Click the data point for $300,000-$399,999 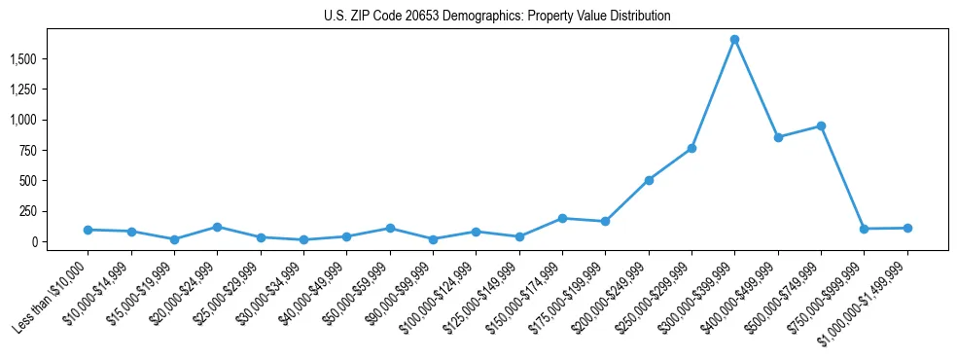coord(734,40)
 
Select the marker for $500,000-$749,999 coord(821,126)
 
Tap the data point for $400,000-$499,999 coord(778,137)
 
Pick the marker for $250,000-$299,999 coord(691,148)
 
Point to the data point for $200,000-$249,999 coord(649,180)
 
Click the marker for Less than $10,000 coord(88,230)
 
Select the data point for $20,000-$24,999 coord(217,227)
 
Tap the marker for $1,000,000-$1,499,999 coord(907,228)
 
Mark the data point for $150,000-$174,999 coord(562,218)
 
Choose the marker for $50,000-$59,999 coord(390,228)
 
